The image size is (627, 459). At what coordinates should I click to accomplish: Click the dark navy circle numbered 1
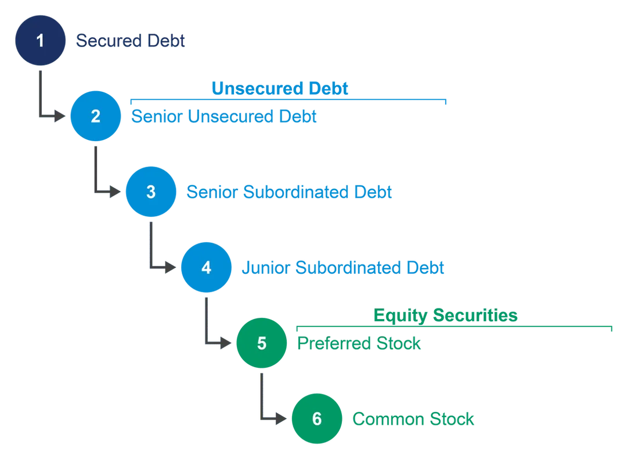point(40,41)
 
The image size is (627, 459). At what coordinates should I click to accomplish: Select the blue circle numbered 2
point(96,116)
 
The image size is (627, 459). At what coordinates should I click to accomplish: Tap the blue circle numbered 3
point(151,192)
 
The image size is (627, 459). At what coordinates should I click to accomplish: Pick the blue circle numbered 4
point(206,267)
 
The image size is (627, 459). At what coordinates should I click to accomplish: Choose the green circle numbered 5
point(261,343)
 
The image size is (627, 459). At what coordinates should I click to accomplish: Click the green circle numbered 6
point(317,418)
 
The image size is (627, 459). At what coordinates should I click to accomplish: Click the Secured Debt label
point(131,41)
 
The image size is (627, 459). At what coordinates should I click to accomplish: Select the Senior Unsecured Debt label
point(224,116)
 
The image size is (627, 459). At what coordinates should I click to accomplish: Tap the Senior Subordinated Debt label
point(289,192)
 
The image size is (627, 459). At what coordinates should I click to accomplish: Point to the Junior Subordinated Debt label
point(343,268)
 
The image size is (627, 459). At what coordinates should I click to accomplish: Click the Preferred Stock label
point(359,343)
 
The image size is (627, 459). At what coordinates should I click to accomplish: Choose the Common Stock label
point(413,419)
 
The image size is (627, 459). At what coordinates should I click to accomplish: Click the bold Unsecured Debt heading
point(280,88)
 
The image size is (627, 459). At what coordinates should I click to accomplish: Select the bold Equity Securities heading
point(445,315)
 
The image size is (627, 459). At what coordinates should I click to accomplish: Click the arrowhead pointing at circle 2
point(60,116)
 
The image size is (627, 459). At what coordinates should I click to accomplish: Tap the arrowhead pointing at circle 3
point(115,192)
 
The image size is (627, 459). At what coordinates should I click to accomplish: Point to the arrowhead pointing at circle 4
point(170,267)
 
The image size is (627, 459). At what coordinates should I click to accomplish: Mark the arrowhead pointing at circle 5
point(226,343)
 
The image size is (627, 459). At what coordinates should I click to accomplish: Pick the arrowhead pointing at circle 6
point(281,418)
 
